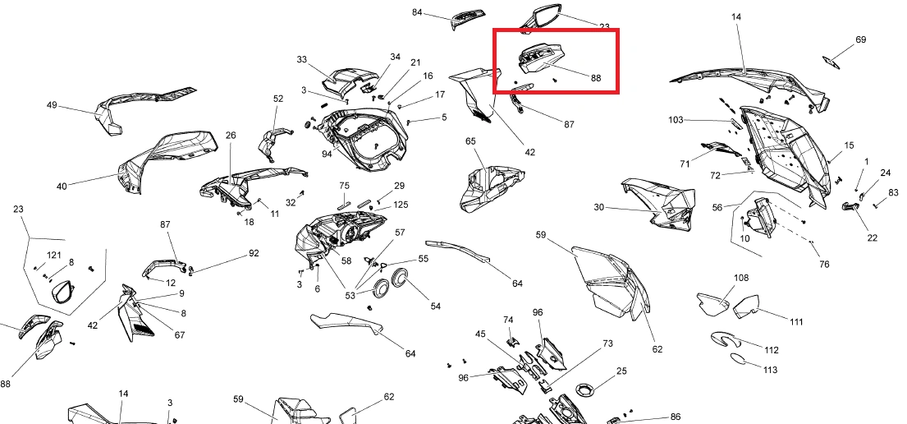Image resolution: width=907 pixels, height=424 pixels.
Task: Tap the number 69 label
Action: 861,40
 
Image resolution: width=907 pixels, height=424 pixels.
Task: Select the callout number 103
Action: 676,120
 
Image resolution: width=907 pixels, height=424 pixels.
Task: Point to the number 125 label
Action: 401,205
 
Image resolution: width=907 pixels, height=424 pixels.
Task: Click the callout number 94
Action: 328,154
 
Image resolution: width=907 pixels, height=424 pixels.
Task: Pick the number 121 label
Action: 54,256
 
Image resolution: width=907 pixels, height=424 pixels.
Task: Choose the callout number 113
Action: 770,370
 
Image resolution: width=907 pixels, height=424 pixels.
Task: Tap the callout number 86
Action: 675,417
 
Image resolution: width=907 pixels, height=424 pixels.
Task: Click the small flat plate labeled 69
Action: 831,62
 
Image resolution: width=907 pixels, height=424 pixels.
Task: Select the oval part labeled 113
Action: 738,358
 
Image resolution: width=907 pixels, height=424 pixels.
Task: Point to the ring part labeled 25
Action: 585,388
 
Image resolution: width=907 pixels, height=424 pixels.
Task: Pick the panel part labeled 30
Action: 658,204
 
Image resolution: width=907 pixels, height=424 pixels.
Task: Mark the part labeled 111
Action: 746,306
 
